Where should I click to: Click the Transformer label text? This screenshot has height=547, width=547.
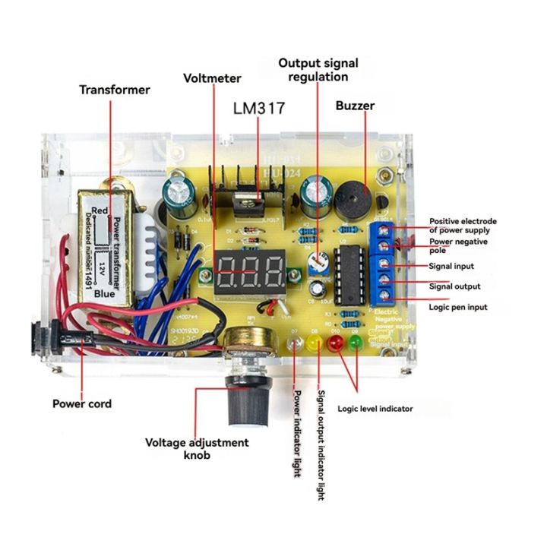pos(115,90)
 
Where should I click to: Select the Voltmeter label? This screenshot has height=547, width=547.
pos(212,77)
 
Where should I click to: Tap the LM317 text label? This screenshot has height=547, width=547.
pos(258,109)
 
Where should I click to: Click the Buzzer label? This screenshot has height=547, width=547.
pos(355,106)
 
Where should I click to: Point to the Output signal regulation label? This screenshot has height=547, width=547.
pos(318,69)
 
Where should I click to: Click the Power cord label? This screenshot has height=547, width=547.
pos(81,403)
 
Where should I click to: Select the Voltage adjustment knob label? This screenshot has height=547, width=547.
pos(197,448)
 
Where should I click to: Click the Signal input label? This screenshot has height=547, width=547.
pos(451,267)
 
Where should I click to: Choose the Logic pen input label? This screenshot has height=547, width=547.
pos(458,307)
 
